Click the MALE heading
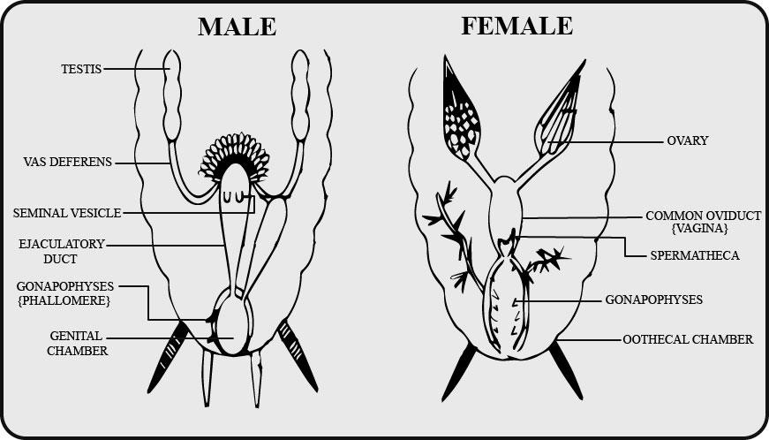[237, 27]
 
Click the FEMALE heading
[516, 26]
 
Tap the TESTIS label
[81, 69]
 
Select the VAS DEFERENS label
[68, 162]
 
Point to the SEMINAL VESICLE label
[67, 214]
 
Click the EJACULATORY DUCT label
[61, 251]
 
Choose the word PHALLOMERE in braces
[64, 300]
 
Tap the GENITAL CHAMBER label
[78, 344]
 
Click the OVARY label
[688, 140]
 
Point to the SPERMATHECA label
[695, 255]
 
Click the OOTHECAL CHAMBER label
[688, 339]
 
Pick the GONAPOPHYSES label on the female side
[653, 300]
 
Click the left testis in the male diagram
[171, 95]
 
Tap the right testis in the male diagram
[300, 95]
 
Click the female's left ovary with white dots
[460, 115]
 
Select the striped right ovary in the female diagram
[559, 118]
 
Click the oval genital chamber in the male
[233, 322]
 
